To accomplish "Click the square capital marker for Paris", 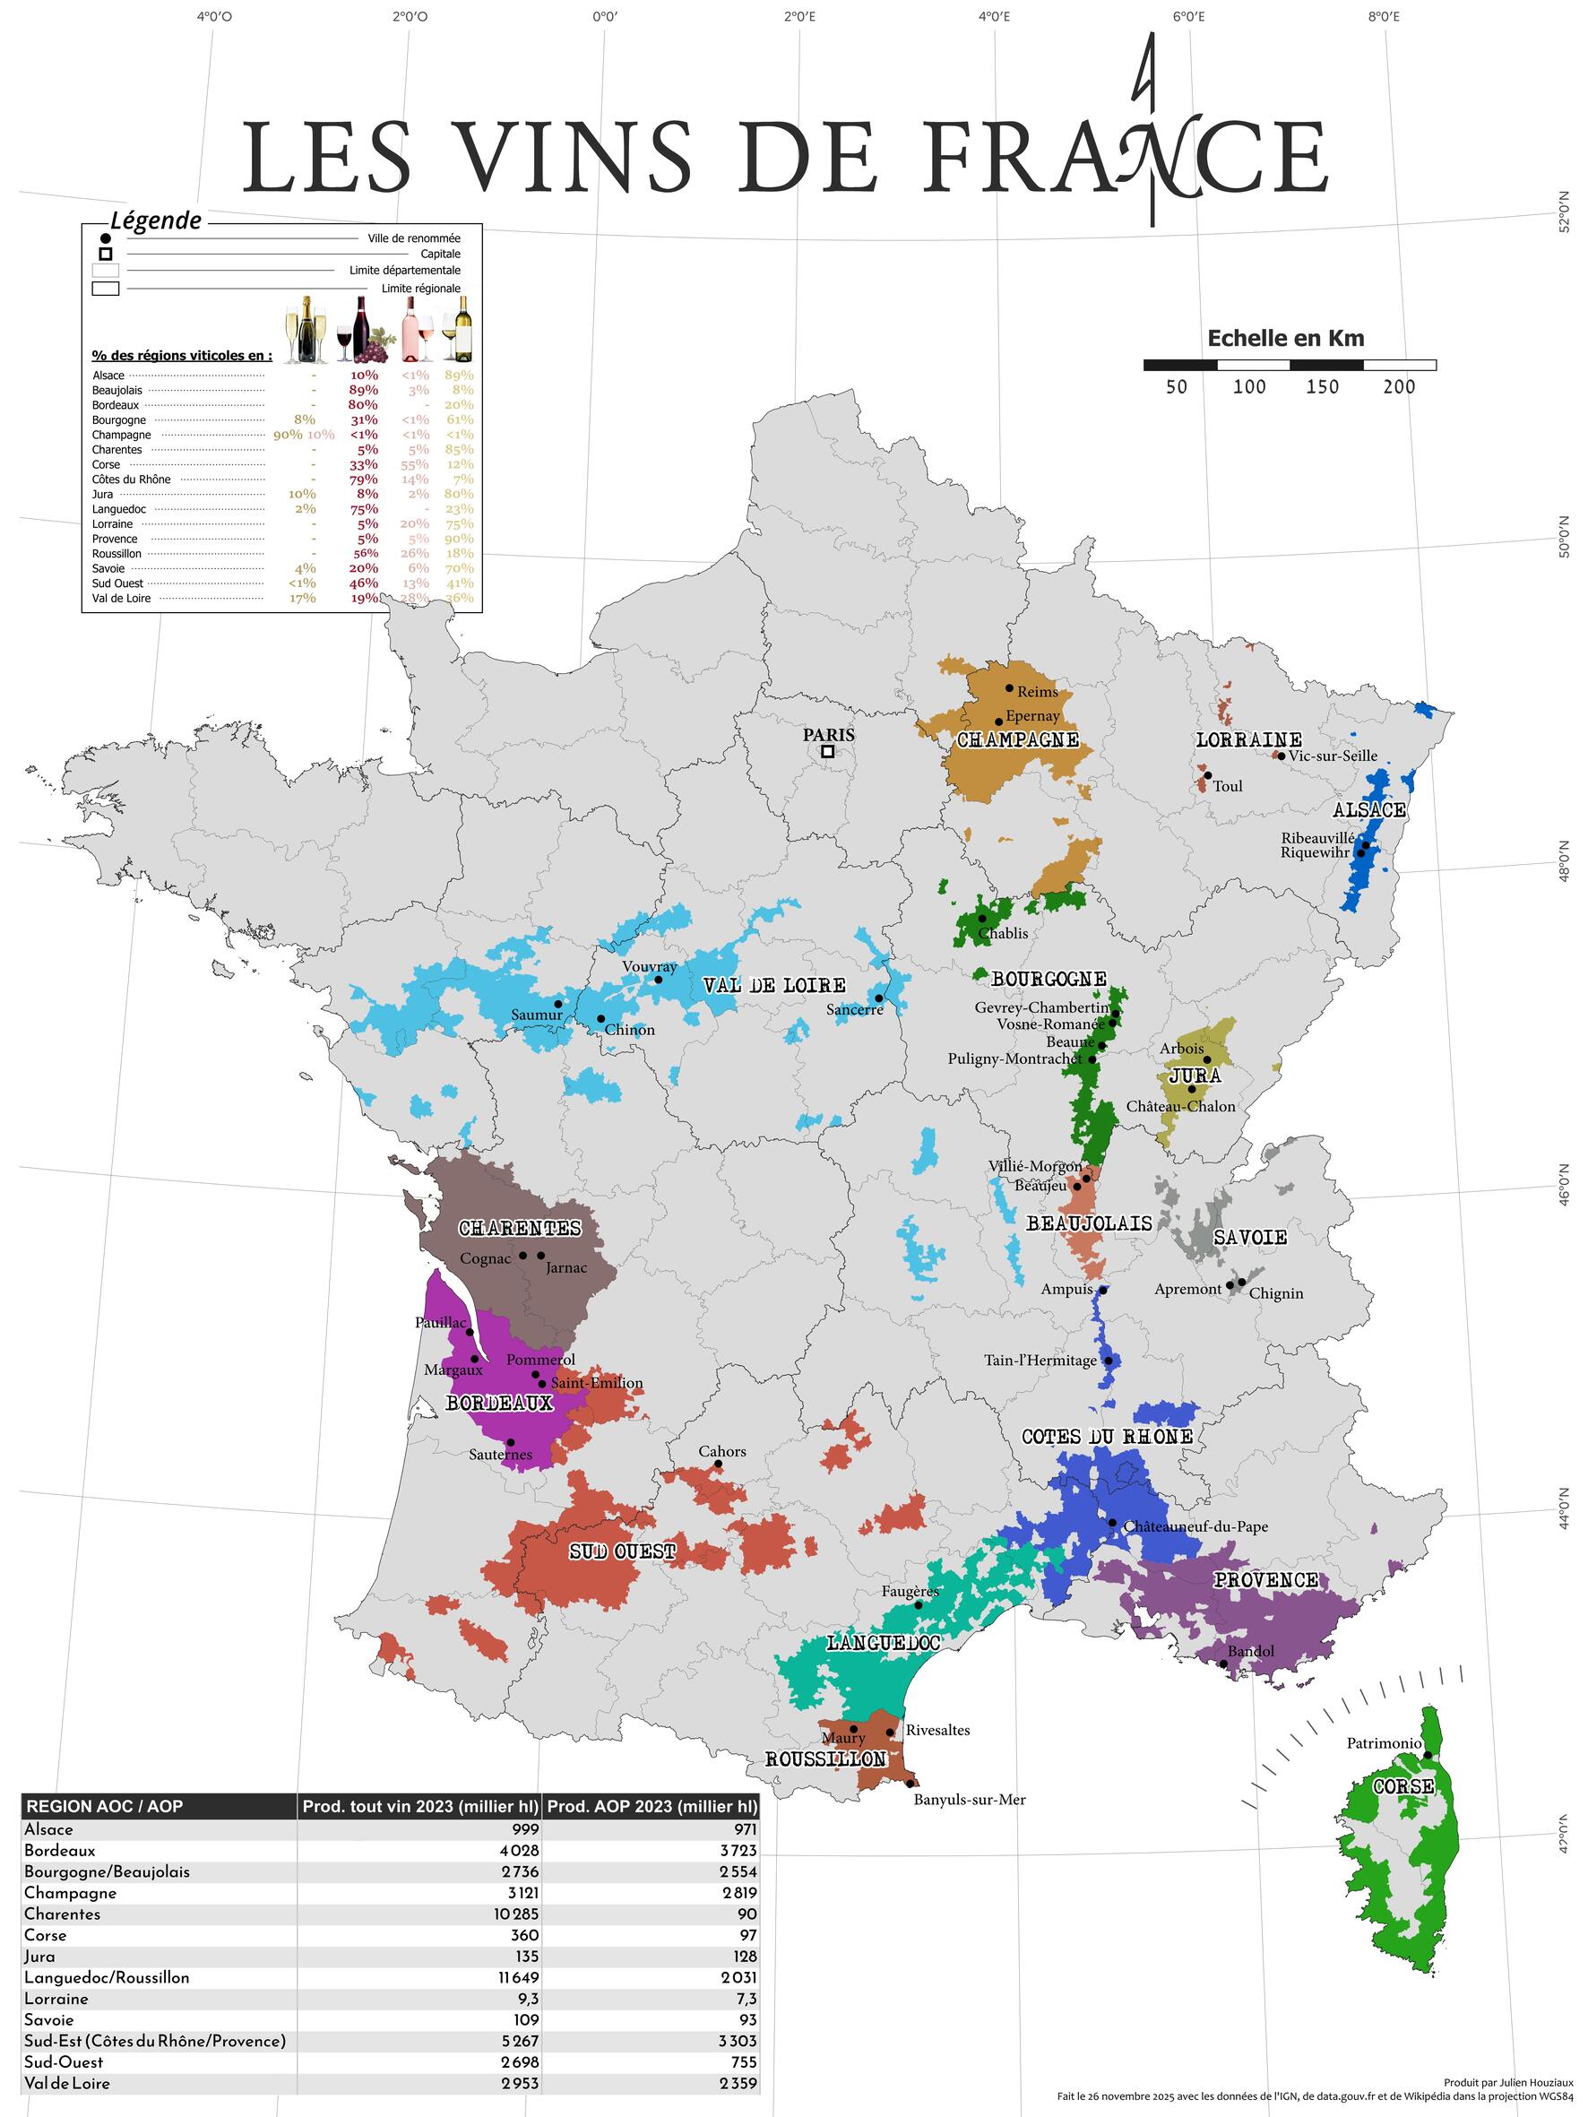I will click(827, 751).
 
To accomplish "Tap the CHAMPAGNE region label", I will click(1017, 739).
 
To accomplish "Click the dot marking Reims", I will click(1009, 687).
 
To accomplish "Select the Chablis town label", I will click(1003, 933).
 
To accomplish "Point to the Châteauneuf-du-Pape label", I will click(1195, 1526).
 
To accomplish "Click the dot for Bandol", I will click(1223, 1663).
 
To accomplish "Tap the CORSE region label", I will click(1403, 1787).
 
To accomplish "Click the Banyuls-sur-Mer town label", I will click(970, 1799).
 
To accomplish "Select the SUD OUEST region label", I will click(622, 1551).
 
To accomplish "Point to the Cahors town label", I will click(721, 1451).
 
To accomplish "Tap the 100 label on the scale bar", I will click(1249, 386).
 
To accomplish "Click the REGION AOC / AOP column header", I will click(103, 1807).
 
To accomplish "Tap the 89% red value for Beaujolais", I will click(364, 390).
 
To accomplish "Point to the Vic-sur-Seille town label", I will click(1333, 756).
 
